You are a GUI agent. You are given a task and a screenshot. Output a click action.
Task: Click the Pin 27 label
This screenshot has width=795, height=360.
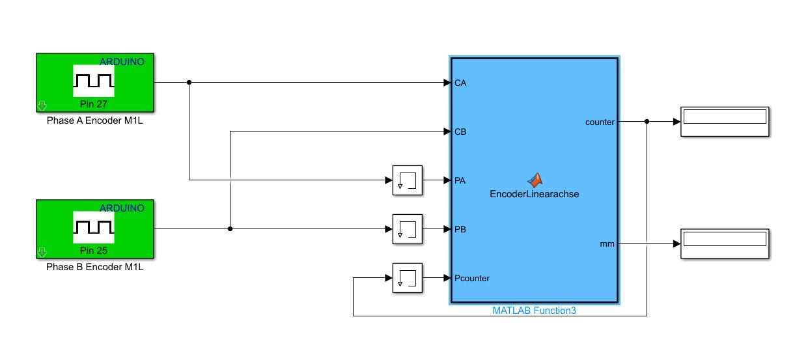click(94, 104)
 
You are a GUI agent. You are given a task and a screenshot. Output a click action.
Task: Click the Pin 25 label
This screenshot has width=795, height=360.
click(94, 250)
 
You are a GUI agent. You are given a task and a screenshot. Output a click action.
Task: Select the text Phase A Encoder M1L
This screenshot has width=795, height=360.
click(94, 120)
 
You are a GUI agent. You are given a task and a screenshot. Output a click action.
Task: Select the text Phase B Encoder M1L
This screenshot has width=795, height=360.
click(94, 266)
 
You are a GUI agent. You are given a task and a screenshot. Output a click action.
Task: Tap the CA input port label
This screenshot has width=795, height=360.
click(460, 83)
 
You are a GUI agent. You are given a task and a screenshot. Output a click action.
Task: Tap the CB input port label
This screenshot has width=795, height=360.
click(460, 132)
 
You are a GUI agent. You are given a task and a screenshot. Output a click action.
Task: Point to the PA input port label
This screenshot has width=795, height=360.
click(460, 180)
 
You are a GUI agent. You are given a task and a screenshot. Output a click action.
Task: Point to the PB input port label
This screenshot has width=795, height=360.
click(460, 229)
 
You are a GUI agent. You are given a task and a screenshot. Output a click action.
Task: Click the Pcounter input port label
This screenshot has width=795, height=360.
click(472, 278)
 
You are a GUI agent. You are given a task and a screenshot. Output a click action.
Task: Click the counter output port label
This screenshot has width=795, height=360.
click(600, 122)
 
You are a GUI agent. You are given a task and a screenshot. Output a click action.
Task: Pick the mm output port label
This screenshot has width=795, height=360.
click(607, 244)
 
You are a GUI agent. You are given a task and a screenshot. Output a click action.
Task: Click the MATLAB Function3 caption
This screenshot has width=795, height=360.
click(535, 311)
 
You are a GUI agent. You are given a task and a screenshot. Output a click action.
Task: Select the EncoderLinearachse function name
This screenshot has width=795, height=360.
click(535, 193)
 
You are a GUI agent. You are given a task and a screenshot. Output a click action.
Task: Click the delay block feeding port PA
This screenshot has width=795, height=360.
click(408, 180)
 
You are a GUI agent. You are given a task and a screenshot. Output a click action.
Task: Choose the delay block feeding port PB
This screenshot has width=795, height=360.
click(408, 229)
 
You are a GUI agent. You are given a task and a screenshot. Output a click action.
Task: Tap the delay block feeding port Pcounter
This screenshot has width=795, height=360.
click(408, 278)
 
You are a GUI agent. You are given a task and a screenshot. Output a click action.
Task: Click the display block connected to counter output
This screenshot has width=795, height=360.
click(725, 121)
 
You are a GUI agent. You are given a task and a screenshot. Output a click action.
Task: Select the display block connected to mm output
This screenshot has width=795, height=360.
click(725, 244)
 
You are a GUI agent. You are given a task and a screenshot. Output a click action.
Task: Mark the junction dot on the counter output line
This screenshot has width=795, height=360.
click(647, 121)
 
